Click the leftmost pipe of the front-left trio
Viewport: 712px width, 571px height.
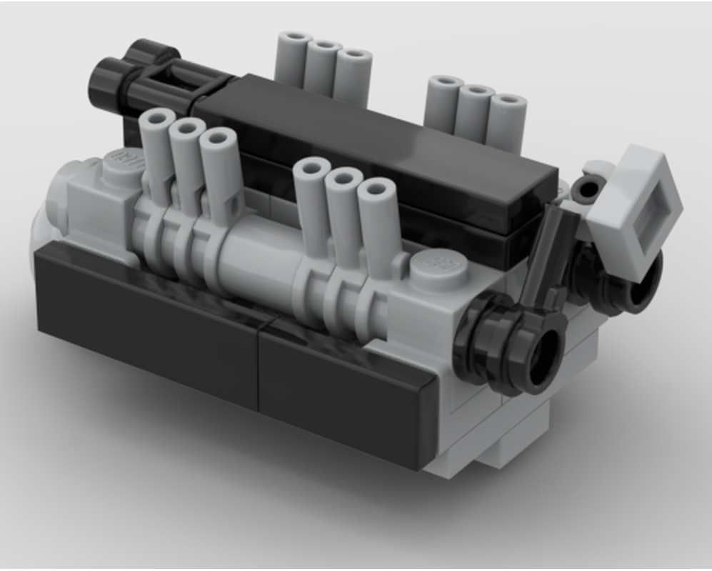coord(156,150)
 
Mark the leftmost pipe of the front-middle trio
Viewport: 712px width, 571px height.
coord(311,200)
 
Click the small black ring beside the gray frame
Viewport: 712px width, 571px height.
coord(590,189)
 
